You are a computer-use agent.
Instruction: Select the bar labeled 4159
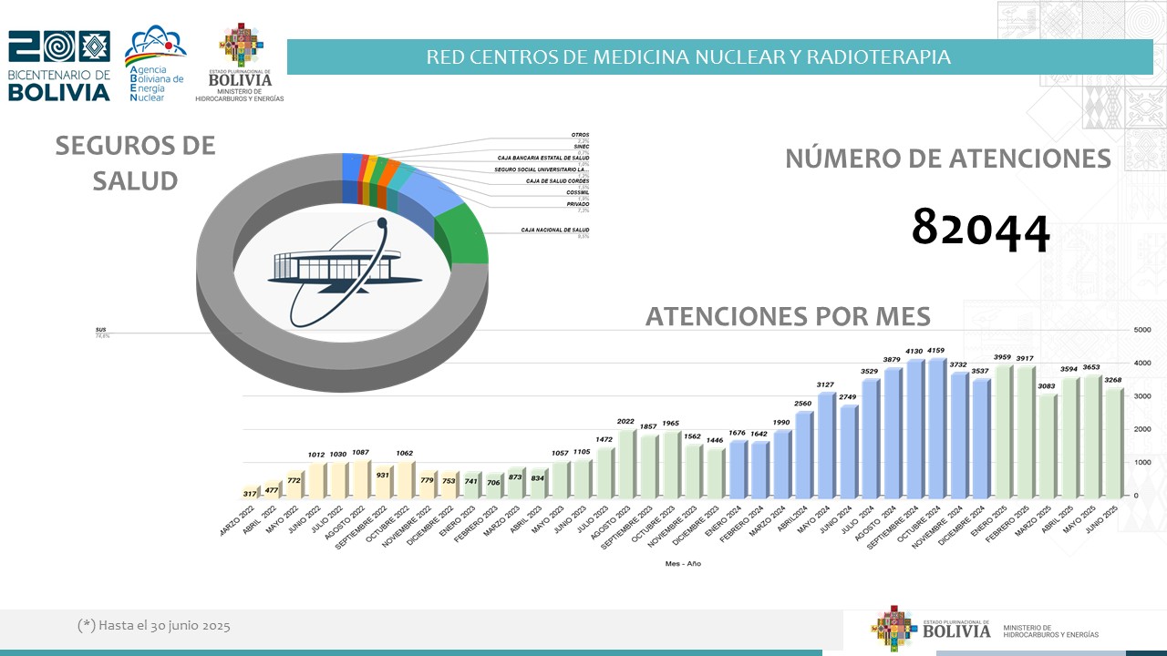(935, 428)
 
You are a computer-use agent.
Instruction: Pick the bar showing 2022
(625, 465)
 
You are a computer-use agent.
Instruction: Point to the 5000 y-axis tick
(1141, 330)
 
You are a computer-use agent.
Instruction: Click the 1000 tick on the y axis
(1141, 462)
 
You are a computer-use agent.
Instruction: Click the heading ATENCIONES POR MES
(788, 316)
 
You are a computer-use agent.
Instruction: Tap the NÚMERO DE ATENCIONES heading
(948, 159)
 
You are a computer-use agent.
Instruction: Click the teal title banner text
(688, 57)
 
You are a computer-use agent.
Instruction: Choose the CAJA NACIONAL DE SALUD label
(554, 230)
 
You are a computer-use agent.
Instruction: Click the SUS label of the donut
(100, 329)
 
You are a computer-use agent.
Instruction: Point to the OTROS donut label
(580, 135)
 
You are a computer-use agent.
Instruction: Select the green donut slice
(463, 235)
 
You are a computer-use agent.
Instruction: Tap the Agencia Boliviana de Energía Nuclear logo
(155, 64)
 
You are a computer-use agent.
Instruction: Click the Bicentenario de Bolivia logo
(59, 66)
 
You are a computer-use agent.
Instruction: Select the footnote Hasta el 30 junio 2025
(154, 626)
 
